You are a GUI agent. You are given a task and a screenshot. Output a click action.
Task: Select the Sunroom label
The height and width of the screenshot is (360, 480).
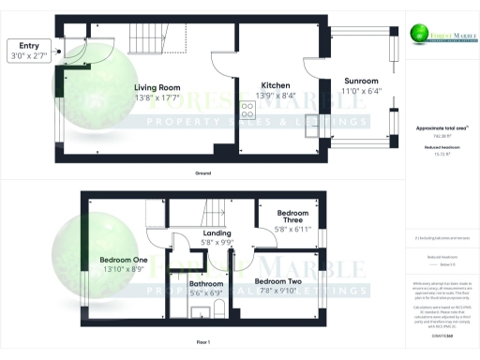[x=359, y=82]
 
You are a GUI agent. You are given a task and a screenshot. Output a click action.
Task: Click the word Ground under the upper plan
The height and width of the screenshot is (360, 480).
[x=203, y=173]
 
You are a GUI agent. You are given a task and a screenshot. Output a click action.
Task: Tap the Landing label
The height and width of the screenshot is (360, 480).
[x=217, y=233]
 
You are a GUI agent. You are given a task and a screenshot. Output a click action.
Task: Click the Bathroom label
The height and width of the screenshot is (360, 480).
[x=206, y=283]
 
